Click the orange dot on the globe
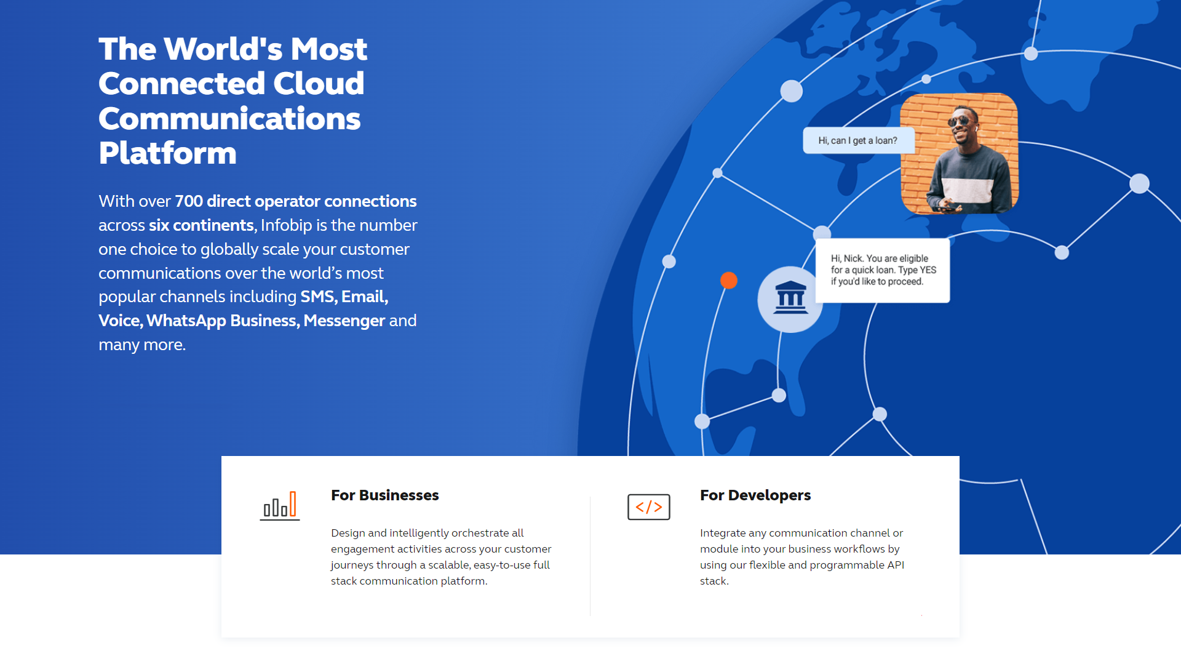(x=729, y=281)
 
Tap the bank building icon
(x=790, y=298)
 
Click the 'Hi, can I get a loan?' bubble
(x=858, y=140)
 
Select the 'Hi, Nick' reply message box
(x=883, y=270)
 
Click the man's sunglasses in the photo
(x=960, y=119)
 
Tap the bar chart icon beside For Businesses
(x=280, y=506)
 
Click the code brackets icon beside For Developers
(x=649, y=507)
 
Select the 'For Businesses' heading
(x=385, y=495)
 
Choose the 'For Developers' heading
(x=755, y=495)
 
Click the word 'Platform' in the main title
(x=167, y=153)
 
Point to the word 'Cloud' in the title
(x=319, y=83)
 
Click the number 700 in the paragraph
(x=189, y=201)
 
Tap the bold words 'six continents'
(x=201, y=225)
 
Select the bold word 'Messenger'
(x=344, y=321)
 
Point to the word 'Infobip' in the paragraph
(x=287, y=225)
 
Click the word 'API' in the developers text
(x=896, y=565)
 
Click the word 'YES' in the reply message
(x=928, y=270)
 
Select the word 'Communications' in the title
(x=229, y=118)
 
